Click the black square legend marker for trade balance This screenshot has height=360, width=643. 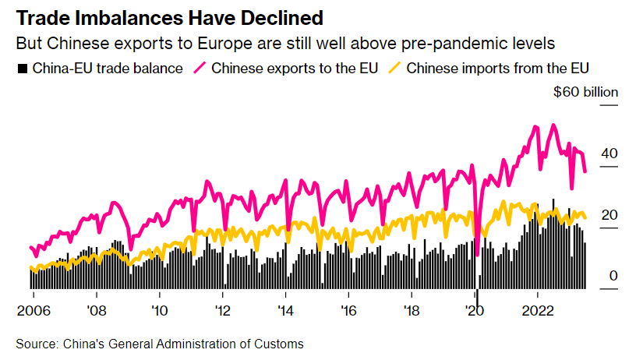pos(22,69)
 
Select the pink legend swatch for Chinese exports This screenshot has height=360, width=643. pos(200,69)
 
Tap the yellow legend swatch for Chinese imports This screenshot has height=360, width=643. pos(395,69)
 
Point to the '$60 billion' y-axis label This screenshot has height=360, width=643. pos(585,93)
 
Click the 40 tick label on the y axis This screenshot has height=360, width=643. pos(609,154)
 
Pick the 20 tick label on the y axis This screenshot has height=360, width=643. pos(609,215)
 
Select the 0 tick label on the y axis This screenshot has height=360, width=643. pos(613,276)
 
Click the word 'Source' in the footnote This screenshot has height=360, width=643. pos(35,344)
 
